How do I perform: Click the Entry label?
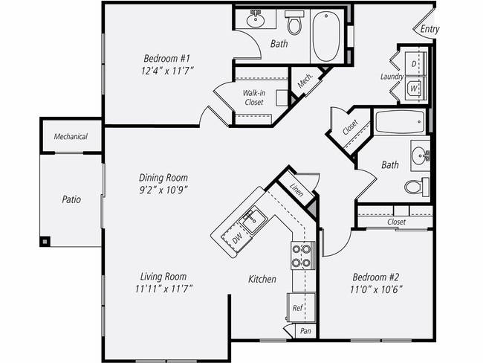coord(429,30)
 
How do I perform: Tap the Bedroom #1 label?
coord(168,58)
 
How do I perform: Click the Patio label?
coord(71,200)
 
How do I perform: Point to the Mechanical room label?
coord(71,137)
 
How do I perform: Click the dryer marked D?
coord(415,64)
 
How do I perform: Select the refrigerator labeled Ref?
coord(297,307)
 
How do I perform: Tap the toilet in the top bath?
coord(294,25)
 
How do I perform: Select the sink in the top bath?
coord(256,19)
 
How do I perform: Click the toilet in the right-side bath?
coord(418,185)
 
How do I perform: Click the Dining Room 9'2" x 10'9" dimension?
coord(163,189)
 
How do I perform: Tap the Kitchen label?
coord(262,280)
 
